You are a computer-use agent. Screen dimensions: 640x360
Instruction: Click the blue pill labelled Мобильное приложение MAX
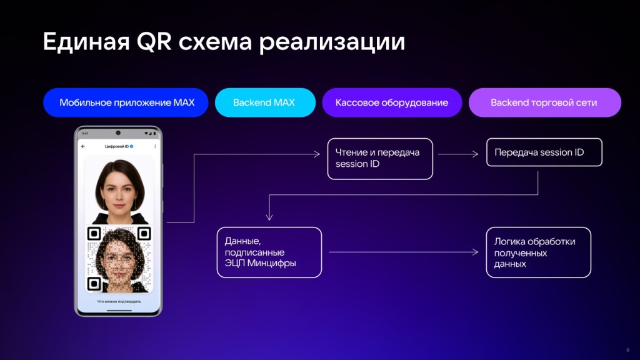126,102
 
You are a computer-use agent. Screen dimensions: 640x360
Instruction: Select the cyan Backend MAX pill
265,102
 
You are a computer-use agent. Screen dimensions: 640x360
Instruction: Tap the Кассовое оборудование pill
392,102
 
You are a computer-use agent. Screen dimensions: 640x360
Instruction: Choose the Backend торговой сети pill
545,102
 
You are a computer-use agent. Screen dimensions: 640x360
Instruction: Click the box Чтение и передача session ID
380,159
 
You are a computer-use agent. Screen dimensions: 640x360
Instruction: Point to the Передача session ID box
544,152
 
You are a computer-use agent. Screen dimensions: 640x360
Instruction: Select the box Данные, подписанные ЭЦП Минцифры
269,252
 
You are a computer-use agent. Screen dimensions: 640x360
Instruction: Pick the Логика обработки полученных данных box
538,252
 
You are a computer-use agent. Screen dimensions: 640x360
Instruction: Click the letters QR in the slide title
154,41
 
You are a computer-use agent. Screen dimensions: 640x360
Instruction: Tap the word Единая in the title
86,42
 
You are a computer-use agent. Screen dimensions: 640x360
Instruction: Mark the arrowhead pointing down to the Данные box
269,216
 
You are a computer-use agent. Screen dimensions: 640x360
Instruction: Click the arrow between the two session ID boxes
458,154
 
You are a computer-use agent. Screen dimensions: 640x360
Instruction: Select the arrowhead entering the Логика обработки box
475,252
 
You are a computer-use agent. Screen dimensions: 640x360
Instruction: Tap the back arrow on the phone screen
83,146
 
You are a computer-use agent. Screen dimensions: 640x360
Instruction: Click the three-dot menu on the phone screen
155,146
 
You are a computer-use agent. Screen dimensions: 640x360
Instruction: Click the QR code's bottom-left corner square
94,283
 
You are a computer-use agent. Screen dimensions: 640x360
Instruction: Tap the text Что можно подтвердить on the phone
119,302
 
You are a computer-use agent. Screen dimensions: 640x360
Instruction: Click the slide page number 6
627,350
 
